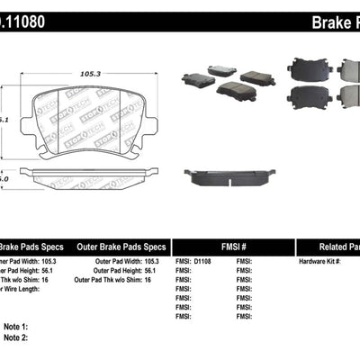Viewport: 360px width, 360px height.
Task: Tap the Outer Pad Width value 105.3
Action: (154, 262)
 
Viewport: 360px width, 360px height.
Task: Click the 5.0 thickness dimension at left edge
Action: (4, 179)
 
